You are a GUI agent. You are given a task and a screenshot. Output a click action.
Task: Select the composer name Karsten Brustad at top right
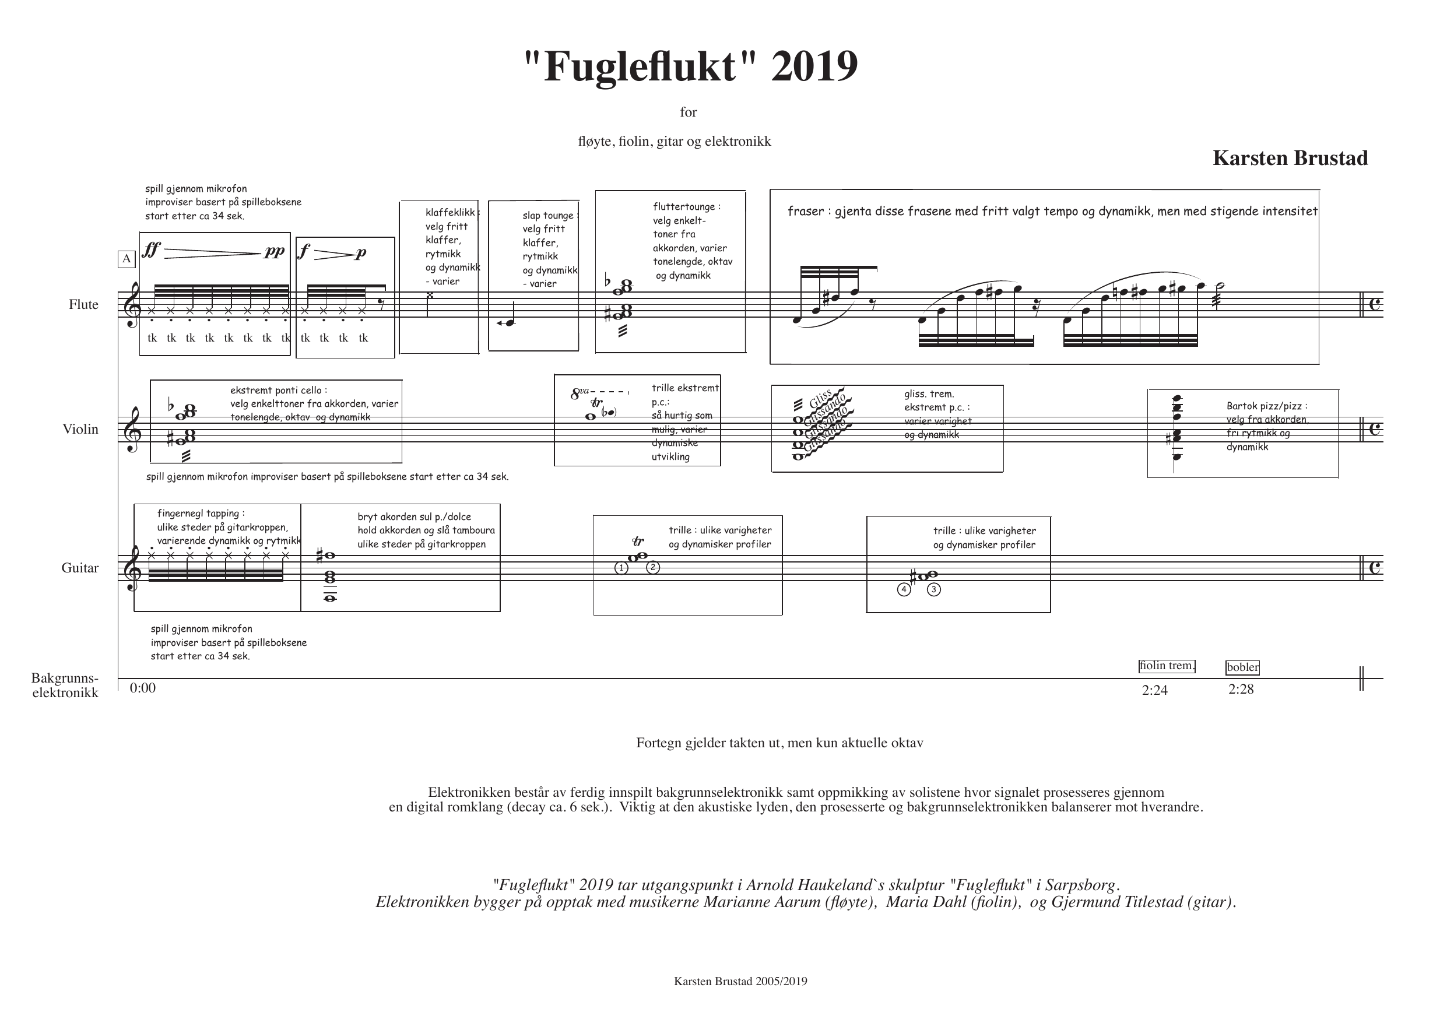(x=1290, y=157)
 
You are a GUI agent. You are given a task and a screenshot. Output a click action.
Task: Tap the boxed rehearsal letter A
(x=127, y=259)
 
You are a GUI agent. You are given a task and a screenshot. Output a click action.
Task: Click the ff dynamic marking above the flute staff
(x=151, y=250)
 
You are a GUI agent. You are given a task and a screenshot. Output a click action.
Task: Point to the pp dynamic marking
(x=275, y=251)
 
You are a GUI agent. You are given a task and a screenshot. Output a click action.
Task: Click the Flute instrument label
(x=84, y=304)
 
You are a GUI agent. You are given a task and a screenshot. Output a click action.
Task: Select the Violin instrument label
(x=80, y=429)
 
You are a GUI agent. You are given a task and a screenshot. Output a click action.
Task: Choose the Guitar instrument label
(x=80, y=568)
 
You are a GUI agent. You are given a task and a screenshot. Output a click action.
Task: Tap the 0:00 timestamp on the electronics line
(x=142, y=688)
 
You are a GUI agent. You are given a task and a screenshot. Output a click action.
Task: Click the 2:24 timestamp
(x=1154, y=690)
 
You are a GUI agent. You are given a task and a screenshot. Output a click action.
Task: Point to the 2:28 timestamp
(x=1241, y=689)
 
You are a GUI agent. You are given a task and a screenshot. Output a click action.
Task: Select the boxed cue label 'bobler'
(x=1243, y=667)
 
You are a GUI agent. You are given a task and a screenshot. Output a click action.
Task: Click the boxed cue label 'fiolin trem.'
(x=1167, y=666)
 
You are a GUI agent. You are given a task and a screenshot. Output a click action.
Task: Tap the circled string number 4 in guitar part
(x=904, y=590)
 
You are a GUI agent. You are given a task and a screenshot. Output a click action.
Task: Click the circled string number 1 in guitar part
(x=621, y=568)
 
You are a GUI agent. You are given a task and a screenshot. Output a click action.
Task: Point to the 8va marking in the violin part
(x=580, y=395)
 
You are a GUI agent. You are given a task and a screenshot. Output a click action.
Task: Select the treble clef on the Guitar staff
(x=132, y=568)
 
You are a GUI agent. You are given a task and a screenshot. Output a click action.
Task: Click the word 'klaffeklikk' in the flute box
(x=450, y=212)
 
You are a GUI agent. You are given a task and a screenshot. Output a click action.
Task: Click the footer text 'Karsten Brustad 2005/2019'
(x=740, y=981)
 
